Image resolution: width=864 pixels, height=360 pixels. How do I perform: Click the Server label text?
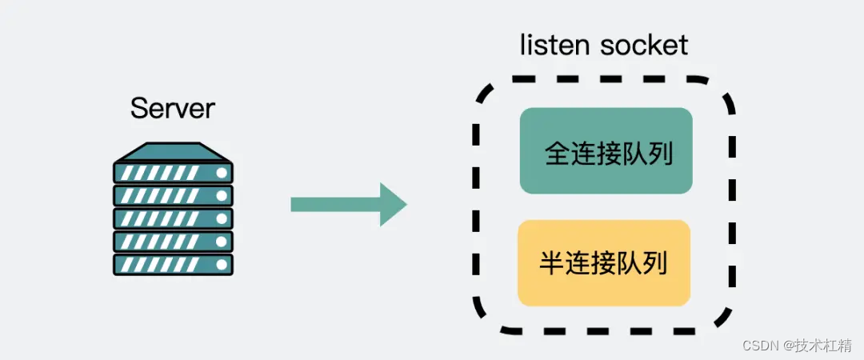[x=173, y=109]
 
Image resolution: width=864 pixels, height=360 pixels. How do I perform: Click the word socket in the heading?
[x=645, y=45]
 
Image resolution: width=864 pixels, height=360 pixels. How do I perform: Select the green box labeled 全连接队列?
[x=606, y=150]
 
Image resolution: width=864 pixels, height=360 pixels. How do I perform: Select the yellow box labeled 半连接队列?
[x=604, y=263]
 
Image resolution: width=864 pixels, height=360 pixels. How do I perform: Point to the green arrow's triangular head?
[x=392, y=204]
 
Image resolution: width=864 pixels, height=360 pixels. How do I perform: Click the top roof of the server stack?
[x=173, y=151]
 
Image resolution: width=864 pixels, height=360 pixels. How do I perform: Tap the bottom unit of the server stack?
[x=173, y=265]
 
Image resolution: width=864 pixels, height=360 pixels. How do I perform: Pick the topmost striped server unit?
[x=173, y=172]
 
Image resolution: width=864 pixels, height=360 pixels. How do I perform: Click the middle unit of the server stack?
[x=173, y=218]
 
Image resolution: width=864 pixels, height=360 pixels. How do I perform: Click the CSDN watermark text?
[x=761, y=345]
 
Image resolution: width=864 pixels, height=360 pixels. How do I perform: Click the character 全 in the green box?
[x=558, y=154]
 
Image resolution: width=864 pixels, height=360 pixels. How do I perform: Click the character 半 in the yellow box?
[x=552, y=263]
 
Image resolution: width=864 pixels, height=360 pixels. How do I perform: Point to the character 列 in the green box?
[x=659, y=154]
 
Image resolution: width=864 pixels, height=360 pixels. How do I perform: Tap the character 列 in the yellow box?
[x=654, y=263]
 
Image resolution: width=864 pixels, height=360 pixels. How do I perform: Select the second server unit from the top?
[x=173, y=195]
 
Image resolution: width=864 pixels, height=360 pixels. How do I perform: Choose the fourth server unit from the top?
[x=173, y=242]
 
